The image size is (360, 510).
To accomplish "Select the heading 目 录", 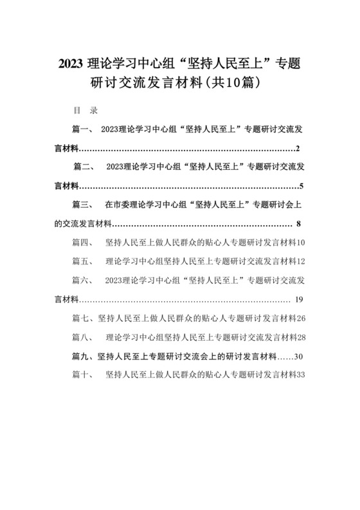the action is pos(84,110).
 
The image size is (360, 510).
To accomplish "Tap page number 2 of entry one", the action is pos(299,149).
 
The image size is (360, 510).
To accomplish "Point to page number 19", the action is pos(299,300).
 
